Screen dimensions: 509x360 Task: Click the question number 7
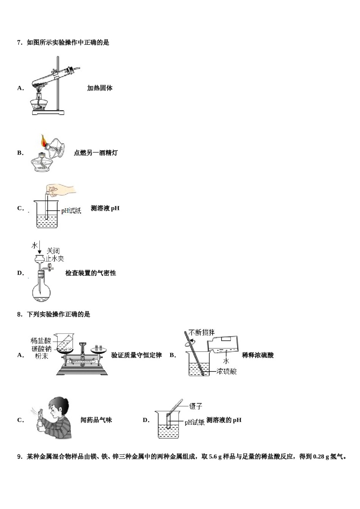[20, 43]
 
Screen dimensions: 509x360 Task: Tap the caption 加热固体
[100, 88]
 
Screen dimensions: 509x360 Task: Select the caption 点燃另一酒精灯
[95, 153]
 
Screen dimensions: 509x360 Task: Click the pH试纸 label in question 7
[71, 211]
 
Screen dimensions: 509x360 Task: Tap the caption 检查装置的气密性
[91, 273]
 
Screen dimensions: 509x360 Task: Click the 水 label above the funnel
[35, 245]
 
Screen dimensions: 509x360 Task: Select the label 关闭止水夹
[54, 255]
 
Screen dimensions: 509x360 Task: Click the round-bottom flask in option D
[41, 292]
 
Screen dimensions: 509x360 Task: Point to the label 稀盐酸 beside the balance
[41, 341]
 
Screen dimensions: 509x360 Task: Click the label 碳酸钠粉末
[41, 352]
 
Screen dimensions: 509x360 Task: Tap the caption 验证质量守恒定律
[136, 355]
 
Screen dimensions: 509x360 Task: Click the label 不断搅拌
[201, 333]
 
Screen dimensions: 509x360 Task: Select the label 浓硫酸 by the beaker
[227, 372]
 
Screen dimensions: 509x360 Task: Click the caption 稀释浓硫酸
[258, 355]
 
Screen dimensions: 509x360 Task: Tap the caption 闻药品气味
[96, 420]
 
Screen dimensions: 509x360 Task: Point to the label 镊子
[196, 406]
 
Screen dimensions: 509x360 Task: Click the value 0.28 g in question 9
[321, 457]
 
